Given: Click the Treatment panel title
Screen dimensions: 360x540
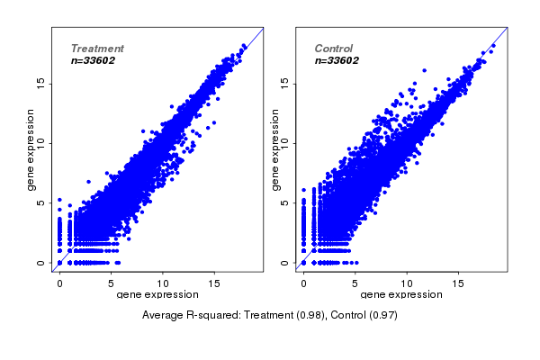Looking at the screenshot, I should point(97,49).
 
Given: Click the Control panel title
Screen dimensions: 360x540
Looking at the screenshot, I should point(334,49).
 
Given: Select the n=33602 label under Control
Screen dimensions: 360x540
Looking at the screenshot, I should point(337,61).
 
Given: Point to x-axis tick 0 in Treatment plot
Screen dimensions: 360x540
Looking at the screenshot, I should point(59,283).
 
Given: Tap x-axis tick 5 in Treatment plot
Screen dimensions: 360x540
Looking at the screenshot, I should point(111,283).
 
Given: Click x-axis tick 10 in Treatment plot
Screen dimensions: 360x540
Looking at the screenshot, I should point(163,283).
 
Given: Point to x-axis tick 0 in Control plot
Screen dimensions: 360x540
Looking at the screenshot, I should point(303,283).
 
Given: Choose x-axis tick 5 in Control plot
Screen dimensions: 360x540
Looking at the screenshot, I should point(355,283).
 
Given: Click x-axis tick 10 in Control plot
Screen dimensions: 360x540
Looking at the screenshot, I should point(407,283).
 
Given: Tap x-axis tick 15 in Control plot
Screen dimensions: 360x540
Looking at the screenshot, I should point(458,283).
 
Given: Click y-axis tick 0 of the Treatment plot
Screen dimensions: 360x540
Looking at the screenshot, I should point(42,263).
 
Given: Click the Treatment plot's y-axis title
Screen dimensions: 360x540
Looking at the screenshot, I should point(31,149).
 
